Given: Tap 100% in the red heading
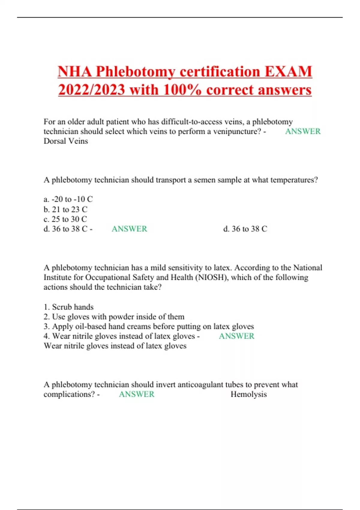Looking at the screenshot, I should tap(180, 90).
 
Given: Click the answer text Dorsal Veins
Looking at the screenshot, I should tap(66, 141).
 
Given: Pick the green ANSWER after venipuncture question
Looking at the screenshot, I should tap(303, 131).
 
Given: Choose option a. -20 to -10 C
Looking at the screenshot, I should tap(68, 199).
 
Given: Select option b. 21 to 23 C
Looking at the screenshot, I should tap(65, 209).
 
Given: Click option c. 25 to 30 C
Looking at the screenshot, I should tap(65, 219).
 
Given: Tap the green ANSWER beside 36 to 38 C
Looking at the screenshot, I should tap(129, 229).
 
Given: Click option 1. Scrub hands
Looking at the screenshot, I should tap(68, 307).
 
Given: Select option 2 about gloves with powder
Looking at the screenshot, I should tap(114, 317).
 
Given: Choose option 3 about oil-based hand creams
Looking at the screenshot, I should tap(149, 326).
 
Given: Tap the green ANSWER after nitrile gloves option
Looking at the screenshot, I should tap(236, 336).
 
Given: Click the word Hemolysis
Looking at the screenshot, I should tap(248, 394).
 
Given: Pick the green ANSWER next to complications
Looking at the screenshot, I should tap(136, 394).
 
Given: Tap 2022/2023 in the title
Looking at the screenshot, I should tap(91, 90).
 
